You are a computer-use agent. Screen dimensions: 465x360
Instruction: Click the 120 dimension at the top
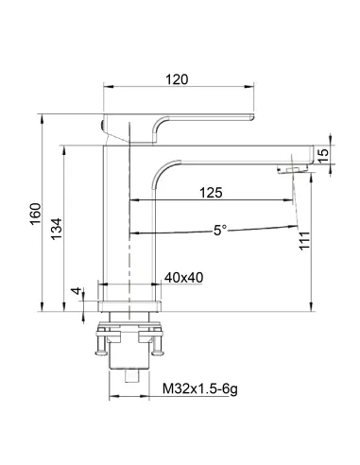177,80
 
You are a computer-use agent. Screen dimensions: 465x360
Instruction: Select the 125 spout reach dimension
211,193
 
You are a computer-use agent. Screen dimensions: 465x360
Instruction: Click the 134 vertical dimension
58,227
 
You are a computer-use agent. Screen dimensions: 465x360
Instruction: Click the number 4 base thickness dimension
75,291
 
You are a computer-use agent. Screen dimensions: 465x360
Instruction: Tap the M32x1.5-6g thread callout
200,388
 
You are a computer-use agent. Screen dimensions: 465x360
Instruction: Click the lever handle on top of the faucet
180,124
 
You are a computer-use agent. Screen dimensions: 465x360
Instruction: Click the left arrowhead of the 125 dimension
133,201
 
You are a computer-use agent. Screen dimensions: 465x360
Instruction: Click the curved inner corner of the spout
161,168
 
